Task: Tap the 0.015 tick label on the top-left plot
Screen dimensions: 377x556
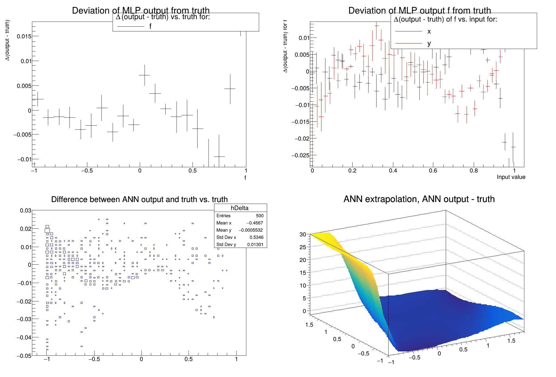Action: pyautogui.click(x=24, y=36)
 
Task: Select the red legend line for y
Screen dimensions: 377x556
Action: pyautogui.click(x=408, y=43)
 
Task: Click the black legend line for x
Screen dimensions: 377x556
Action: pyautogui.click(x=408, y=31)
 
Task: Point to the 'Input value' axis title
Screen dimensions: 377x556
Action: pyautogui.click(x=511, y=177)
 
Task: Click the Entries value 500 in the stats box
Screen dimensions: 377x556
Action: pyautogui.click(x=260, y=216)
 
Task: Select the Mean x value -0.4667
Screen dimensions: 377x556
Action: pyautogui.click(x=255, y=223)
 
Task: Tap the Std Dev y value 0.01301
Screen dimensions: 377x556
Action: pyautogui.click(x=255, y=244)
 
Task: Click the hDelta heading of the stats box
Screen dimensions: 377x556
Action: pyautogui.click(x=239, y=208)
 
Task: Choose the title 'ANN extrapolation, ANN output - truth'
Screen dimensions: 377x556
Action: pyautogui.click(x=419, y=199)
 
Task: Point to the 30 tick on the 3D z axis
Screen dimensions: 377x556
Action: pyautogui.click(x=303, y=234)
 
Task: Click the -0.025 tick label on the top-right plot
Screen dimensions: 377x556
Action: pyautogui.click(x=300, y=155)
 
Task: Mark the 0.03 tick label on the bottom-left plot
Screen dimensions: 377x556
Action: pyautogui.click(x=26, y=211)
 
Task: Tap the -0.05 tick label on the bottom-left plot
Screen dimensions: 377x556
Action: pyautogui.click(x=24, y=356)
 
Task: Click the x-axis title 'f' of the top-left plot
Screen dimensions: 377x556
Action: pyautogui.click(x=245, y=178)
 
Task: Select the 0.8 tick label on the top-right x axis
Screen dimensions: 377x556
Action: pyautogui.click(x=474, y=171)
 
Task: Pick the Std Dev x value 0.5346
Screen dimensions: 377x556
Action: pyautogui.click(x=256, y=237)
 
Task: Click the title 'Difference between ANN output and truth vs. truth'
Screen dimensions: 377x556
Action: pyautogui.click(x=139, y=199)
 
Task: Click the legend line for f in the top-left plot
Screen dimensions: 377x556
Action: pyautogui.click(x=130, y=26)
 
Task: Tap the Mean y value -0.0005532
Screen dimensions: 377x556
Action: pyautogui.click(x=251, y=230)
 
